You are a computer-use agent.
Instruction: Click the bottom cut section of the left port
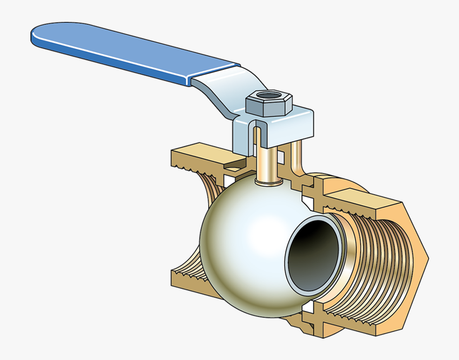coord(187,278)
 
